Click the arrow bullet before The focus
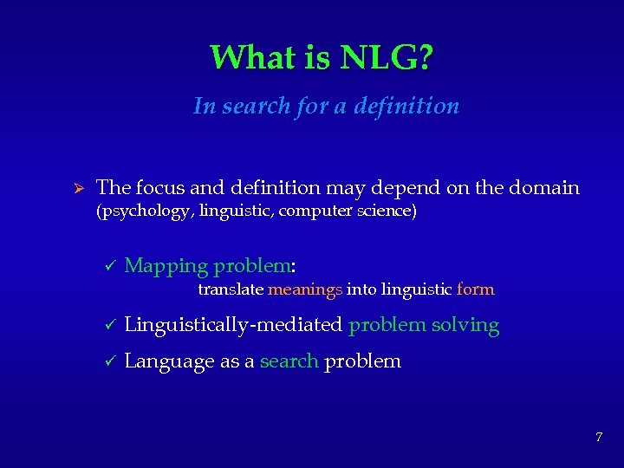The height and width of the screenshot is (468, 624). pyautogui.click(x=75, y=188)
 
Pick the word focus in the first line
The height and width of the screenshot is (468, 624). pyautogui.click(x=155, y=187)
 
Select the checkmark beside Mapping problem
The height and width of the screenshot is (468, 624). pyautogui.click(x=109, y=266)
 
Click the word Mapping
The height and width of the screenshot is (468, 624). pyautogui.click(x=166, y=266)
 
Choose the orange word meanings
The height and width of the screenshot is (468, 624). pyautogui.click(x=305, y=289)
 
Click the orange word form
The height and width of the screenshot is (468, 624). pyautogui.click(x=475, y=289)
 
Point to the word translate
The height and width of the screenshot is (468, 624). pyautogui.click(x=231, y=289)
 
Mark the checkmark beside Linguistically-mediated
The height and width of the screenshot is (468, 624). pyautogui.click(x=109, y=326)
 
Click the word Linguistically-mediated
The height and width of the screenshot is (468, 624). pyautogui.click(x=234, y=326)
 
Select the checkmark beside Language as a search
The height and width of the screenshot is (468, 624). pyautogui.click(x=109, y=361)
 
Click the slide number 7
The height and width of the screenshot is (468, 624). pyautogui.click(x=598, y=437)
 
